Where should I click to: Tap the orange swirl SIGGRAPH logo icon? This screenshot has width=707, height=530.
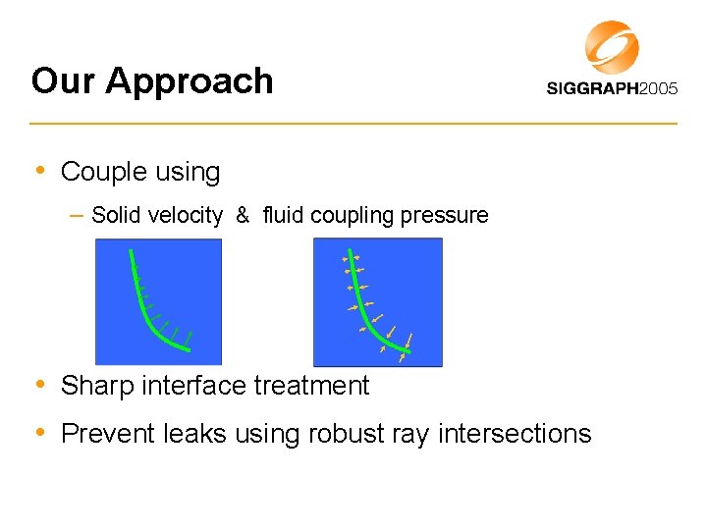(612, 46)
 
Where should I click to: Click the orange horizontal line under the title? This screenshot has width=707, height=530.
(353, 124)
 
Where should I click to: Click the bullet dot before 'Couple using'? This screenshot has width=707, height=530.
(40, 171)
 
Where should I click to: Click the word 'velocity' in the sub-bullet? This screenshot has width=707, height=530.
(185, 215)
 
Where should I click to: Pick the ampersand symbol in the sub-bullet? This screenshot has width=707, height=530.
(242, 215)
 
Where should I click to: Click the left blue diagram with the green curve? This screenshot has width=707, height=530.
(158, 302)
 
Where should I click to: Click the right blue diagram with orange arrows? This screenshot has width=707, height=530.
(377, 302)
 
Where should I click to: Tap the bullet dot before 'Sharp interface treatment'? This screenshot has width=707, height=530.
(40, 384)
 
